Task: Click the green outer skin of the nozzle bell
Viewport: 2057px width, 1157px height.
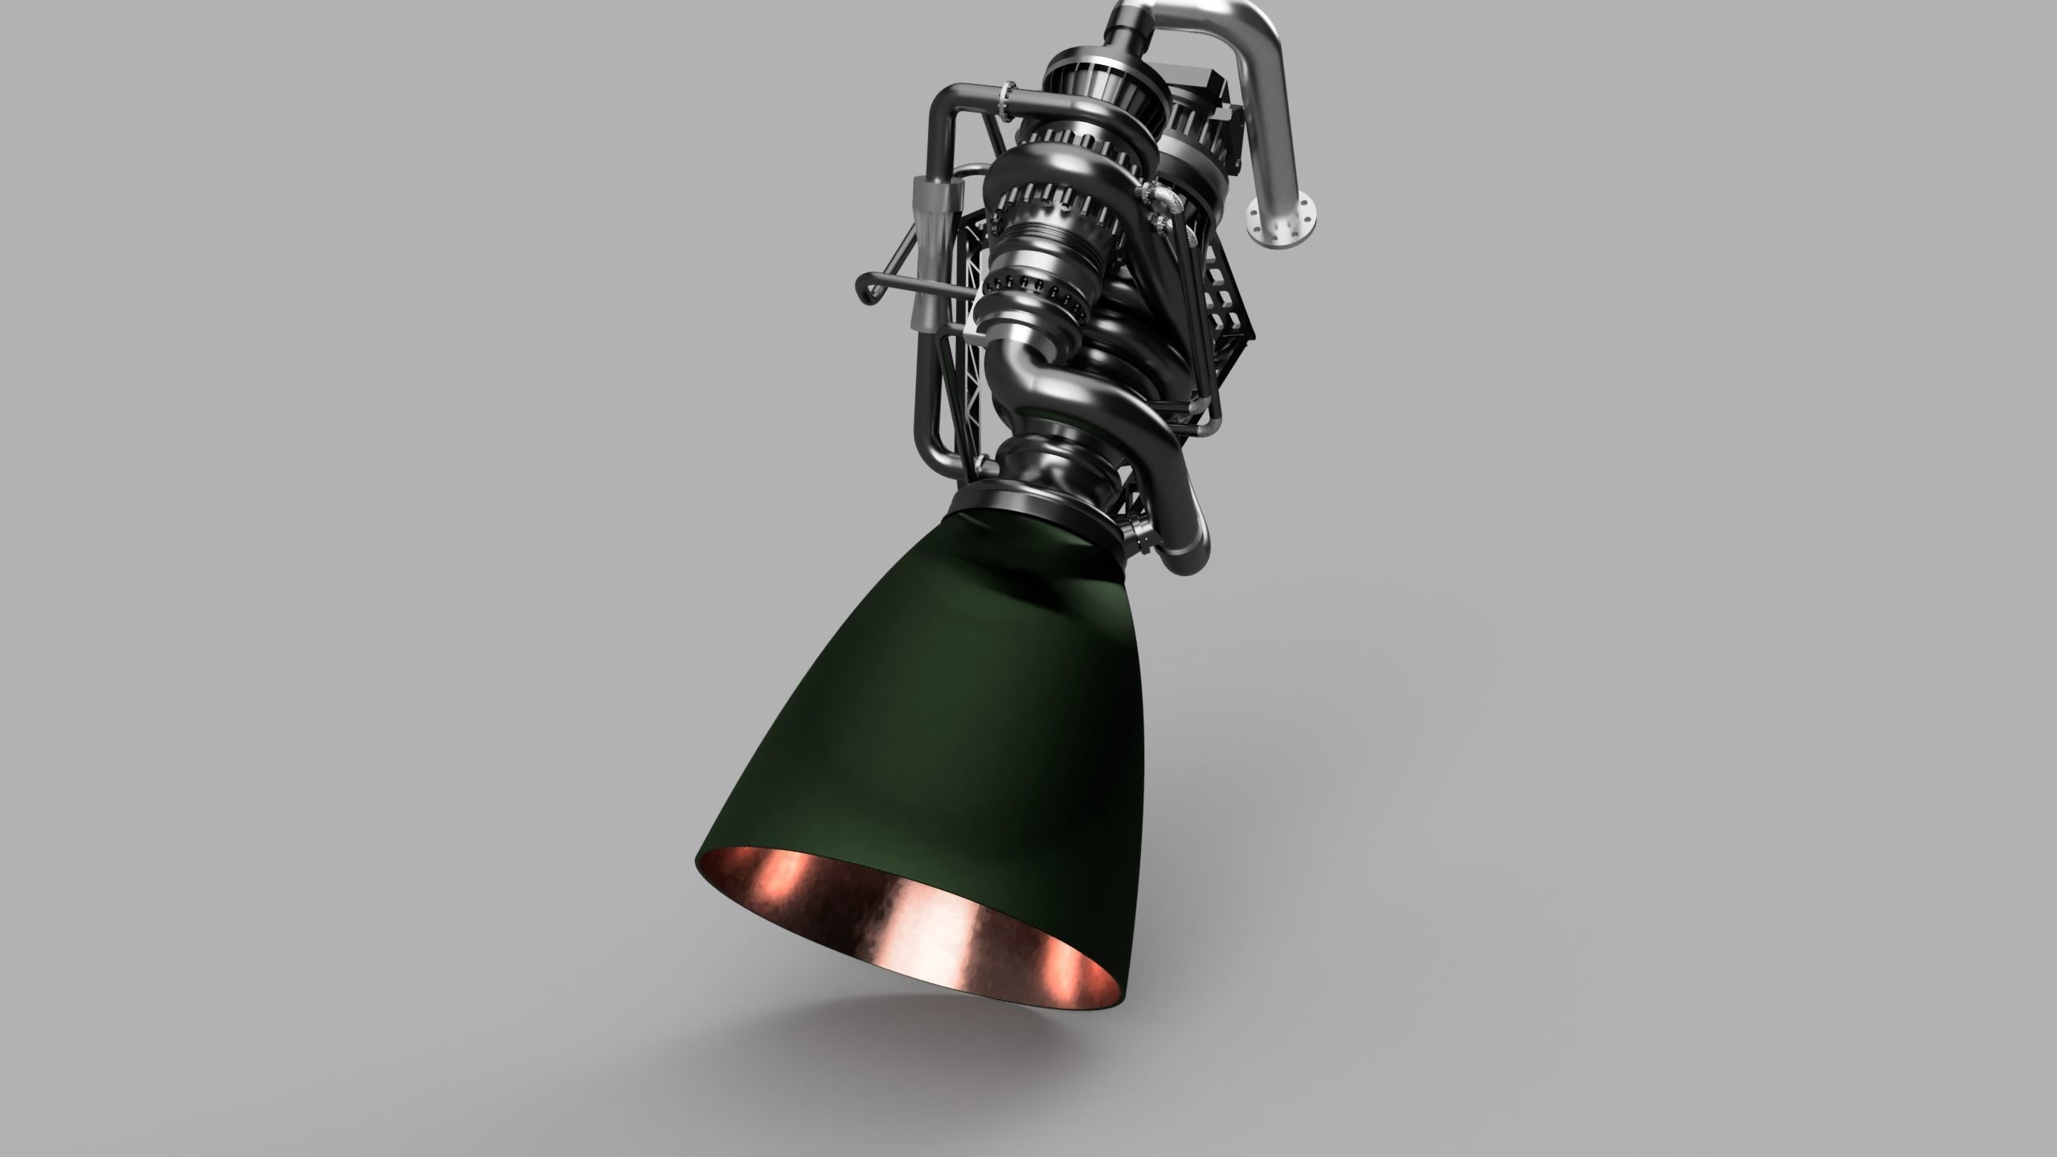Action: click(924, 723)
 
